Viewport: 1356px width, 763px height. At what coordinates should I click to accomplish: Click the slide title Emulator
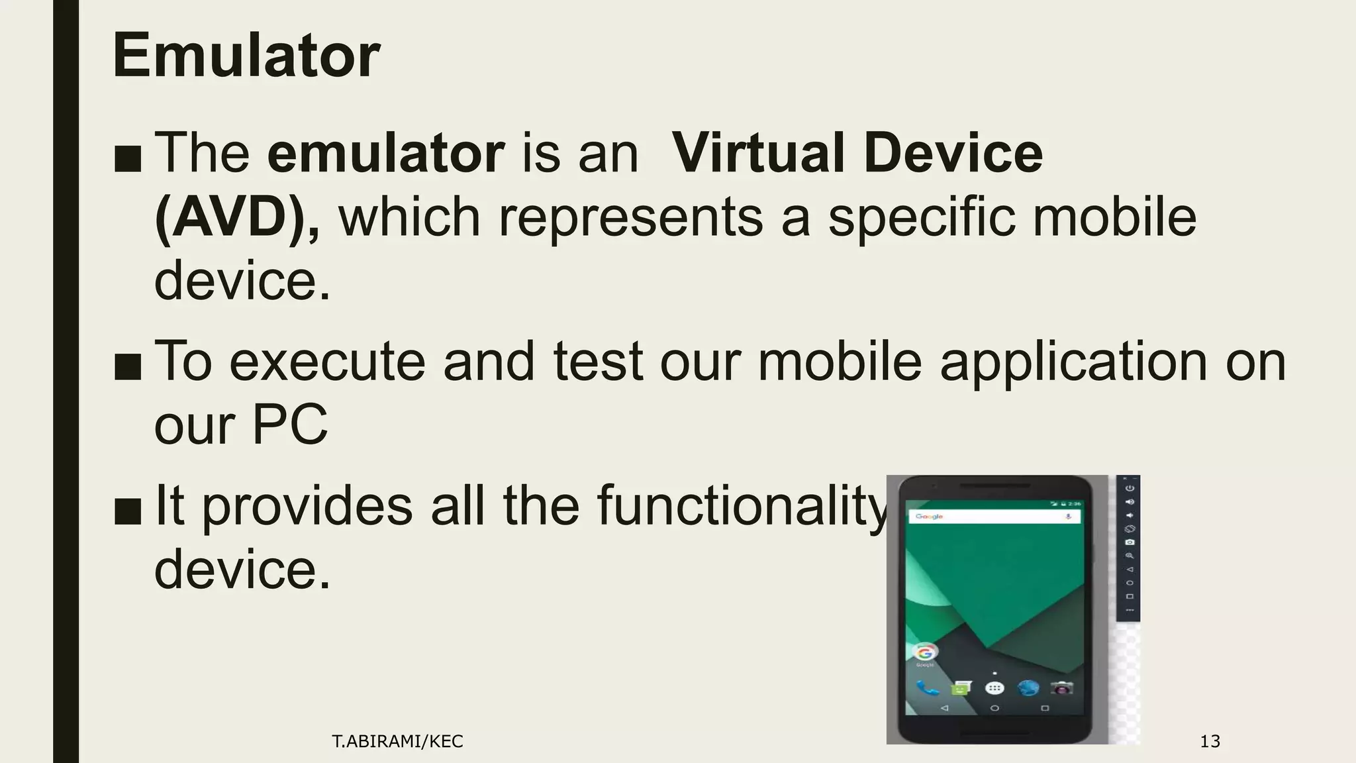pos(246,56)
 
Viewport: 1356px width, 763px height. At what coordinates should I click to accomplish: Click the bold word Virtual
pos(757,153)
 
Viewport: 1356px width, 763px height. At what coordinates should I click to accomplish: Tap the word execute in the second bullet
pos(327,362)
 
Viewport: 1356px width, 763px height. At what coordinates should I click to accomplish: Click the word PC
pos(289,425)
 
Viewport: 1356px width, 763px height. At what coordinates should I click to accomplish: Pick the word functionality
pos(742,506)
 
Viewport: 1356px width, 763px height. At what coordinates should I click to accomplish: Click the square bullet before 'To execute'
pos(127,367)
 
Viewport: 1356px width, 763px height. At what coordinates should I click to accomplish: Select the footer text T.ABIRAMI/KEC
pos(397,741)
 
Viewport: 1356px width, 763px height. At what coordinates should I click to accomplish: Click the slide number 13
pos(1210,741)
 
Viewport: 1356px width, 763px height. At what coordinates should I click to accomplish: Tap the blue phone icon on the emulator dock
pos(927,689)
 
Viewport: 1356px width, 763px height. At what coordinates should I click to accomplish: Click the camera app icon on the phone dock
pos(1061,689)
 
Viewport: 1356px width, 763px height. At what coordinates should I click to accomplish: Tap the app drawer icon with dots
pos(994,689)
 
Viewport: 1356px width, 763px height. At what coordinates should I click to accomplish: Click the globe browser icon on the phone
pos(1028,689)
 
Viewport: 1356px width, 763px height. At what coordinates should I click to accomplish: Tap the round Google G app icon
pos(925,652)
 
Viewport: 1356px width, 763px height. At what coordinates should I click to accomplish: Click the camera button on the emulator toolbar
pos(1130,542)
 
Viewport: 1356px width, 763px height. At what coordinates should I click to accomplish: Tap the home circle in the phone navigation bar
pos(994,708)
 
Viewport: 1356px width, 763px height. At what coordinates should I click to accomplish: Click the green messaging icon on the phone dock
pos(961,689)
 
